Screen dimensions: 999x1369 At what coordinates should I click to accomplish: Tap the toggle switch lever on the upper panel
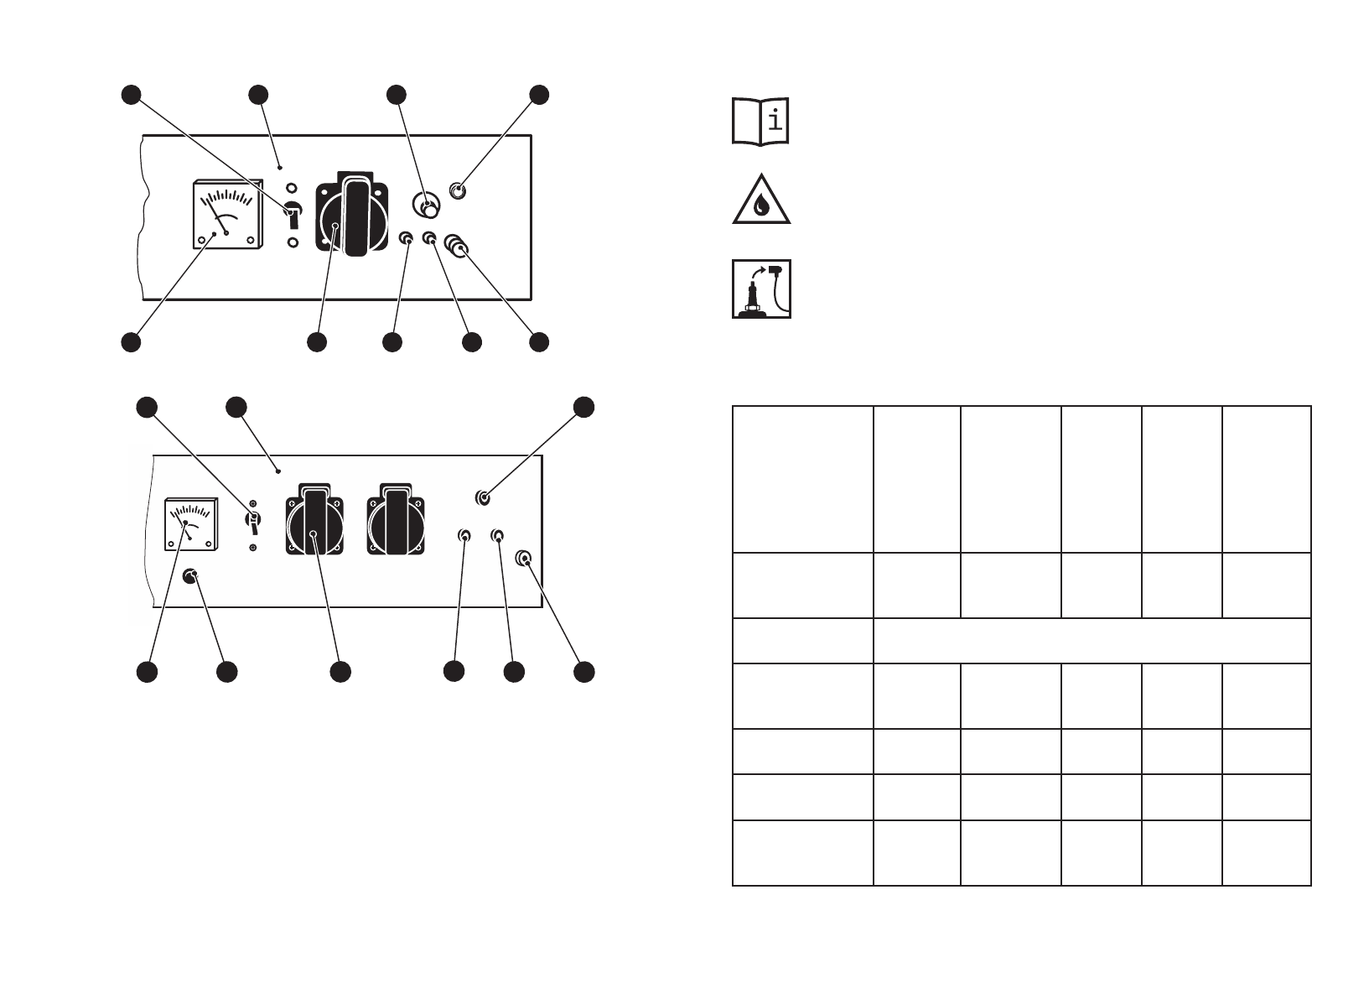(293, 216)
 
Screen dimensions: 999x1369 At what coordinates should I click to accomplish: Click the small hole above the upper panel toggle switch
(292, 189)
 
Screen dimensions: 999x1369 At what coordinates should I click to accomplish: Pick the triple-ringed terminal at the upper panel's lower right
(457, 246)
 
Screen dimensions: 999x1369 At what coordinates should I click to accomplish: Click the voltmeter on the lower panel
(191, 524)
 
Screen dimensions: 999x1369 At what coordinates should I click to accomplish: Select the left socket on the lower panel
(314, 520)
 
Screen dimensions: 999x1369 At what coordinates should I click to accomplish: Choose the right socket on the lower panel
(397, 519)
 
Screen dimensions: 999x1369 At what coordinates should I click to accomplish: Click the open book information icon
(760, 122)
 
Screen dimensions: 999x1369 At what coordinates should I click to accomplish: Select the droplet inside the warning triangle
(761, 206)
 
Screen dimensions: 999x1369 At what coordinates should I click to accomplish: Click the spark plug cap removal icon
(761, 289)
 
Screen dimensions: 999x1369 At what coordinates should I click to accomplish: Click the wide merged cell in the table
(1092, 641)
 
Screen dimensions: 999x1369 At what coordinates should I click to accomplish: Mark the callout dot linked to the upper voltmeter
(130, 342)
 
